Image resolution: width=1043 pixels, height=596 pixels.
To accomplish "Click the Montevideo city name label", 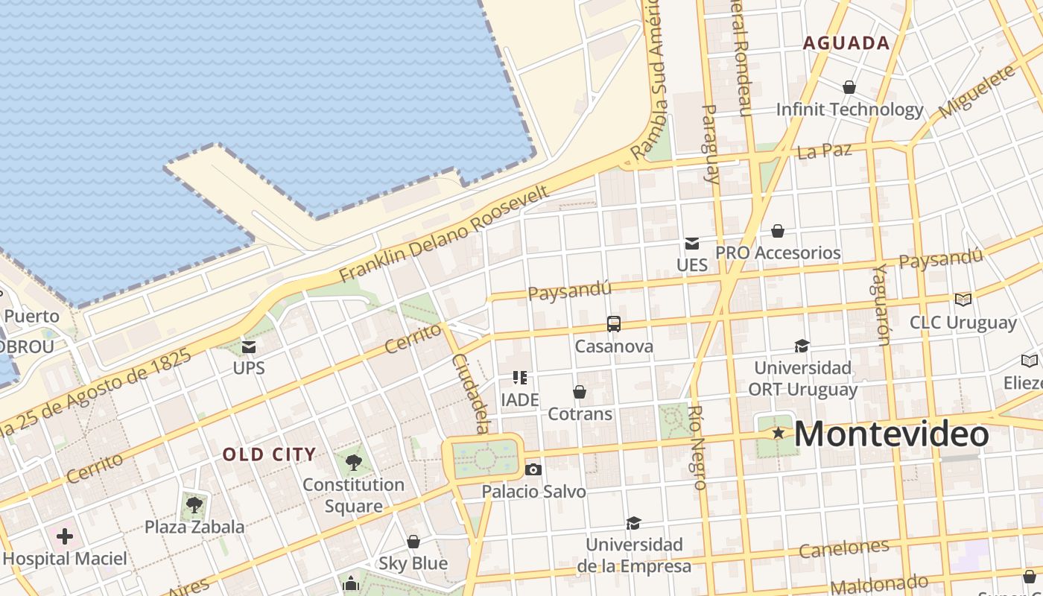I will pyautogui.click(x=892, y=434).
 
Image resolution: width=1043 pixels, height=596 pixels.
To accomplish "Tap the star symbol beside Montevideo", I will pyautogui.click(x=778, y=433).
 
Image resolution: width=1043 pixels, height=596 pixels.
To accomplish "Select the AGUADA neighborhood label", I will pyautogui.click(x=846, y=43).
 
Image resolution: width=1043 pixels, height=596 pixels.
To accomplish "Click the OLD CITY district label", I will pyautogui.click(x=270, y=454).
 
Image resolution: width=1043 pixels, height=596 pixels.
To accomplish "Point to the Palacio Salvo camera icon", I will pyautogui.click(x=533, y=469).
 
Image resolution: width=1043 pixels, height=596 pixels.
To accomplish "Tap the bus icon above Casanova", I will pyautogui.click(x=613, y=324).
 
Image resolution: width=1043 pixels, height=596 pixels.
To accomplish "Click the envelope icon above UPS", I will pyautogui.click(x=249, y=346).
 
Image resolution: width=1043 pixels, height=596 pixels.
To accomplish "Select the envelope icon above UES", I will pyautogui.click(x=691, y=243).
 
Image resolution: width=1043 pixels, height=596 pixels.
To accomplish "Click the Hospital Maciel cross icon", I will pyautogui.click(x=65, y=536).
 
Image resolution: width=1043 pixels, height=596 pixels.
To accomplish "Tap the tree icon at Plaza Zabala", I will pyautogui.click(x=194, y=504).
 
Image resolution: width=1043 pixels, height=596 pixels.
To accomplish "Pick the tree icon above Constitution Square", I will pyautogui.click(x=354, y=463).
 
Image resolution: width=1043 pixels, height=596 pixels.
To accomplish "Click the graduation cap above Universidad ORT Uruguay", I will pyautogui.click(x=802, y=346).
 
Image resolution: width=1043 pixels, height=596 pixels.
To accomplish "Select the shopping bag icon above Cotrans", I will pyautogui.click(x=580, y=391).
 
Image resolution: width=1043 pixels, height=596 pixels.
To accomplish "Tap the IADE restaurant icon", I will pyautogui.click(x=519, y=378).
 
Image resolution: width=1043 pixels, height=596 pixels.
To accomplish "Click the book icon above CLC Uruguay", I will pyautogui.click(x=963, y=299).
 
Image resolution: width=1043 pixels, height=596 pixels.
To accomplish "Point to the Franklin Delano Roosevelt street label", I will pyautogui.click(x=444, y=234).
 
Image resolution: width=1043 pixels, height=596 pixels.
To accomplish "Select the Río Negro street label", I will pyautogui.click(x=697, y=448).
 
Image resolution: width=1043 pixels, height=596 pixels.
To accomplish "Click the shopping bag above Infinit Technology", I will pyautogui.click(x=849, y=87).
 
